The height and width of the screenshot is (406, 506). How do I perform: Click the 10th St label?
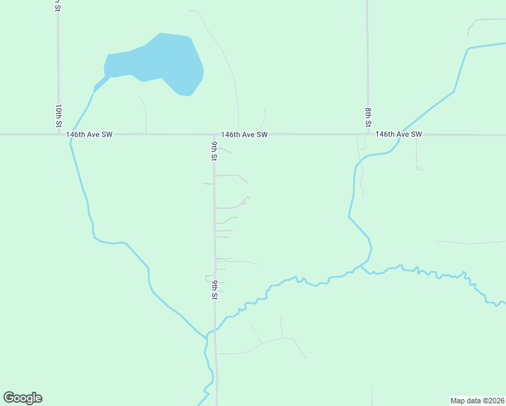pos(59,116)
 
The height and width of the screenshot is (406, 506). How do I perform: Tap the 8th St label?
pos(368,116)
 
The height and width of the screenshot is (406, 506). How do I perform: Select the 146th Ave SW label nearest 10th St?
pos(89,135)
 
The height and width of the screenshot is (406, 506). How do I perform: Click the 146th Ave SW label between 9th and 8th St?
pos(244,135)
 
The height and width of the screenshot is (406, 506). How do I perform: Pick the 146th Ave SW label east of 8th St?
pos(399,135)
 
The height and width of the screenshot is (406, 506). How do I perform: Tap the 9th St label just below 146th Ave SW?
pos(214,151)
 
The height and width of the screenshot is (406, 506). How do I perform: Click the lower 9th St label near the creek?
pos(214,288)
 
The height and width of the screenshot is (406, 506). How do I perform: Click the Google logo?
pos(22,398)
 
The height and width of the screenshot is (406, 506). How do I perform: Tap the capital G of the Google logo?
pos(9,397)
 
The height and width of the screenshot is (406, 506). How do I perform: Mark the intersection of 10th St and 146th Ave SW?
pos(58,135)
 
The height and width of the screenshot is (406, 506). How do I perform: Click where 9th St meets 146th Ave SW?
pos(214,135)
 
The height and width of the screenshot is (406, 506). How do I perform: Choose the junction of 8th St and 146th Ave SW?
pos(367,135)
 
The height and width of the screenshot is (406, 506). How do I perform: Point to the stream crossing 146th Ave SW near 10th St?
pos(70,135)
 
